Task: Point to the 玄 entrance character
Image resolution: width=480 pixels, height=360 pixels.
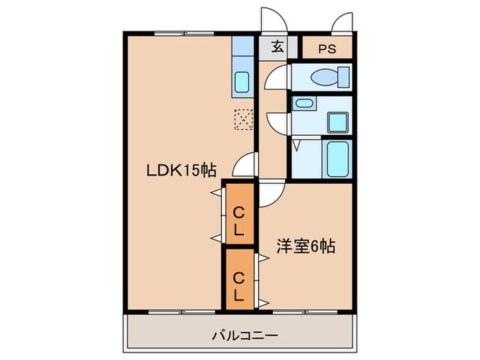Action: click(x=277, y=48)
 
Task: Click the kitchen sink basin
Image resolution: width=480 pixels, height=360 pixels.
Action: click(x=242, y=82)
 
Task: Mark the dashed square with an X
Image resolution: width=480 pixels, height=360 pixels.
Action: click(x=243, y=119)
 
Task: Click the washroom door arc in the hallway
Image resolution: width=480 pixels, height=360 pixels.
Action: click(x=276, y=123)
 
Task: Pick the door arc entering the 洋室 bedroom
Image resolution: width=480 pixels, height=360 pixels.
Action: click(x=269, y=193)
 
